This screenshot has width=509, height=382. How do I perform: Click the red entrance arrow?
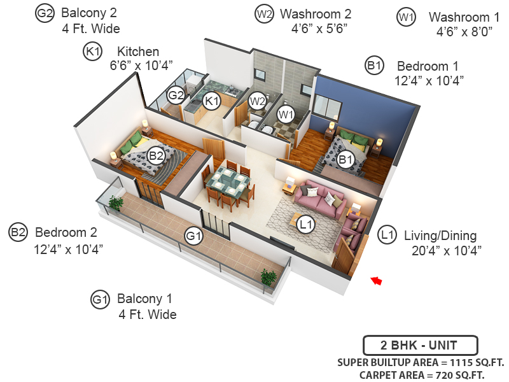(x=377, y=279)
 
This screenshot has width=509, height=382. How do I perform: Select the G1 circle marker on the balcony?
(x=193, y=237)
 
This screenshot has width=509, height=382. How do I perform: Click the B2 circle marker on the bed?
(x=157, y=155)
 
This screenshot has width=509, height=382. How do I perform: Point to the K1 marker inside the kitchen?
(x=211, y=100)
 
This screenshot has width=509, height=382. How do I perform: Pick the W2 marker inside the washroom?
(x=257, y=101)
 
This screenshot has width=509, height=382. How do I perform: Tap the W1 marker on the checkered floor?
(x=286, y=115)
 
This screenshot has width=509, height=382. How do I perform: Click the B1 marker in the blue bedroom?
(x=345, y=160)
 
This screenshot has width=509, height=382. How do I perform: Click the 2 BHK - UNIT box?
(x=420, y=346)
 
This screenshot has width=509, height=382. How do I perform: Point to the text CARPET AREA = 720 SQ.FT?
(x=422, y=375)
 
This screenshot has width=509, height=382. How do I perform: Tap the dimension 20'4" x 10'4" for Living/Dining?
(x=446, y=249)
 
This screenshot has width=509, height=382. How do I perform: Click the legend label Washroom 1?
(x=459, y=17)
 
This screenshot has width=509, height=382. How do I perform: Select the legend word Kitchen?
(x=137, y=52)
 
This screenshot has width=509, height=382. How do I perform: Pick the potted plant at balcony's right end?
(x=268, y=276)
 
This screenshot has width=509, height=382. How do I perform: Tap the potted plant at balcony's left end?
(x=116, y=203)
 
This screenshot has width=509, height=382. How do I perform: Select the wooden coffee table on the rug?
(x=297, y=222)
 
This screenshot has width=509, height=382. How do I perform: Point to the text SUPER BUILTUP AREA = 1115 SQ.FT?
(x=421, y=362)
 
